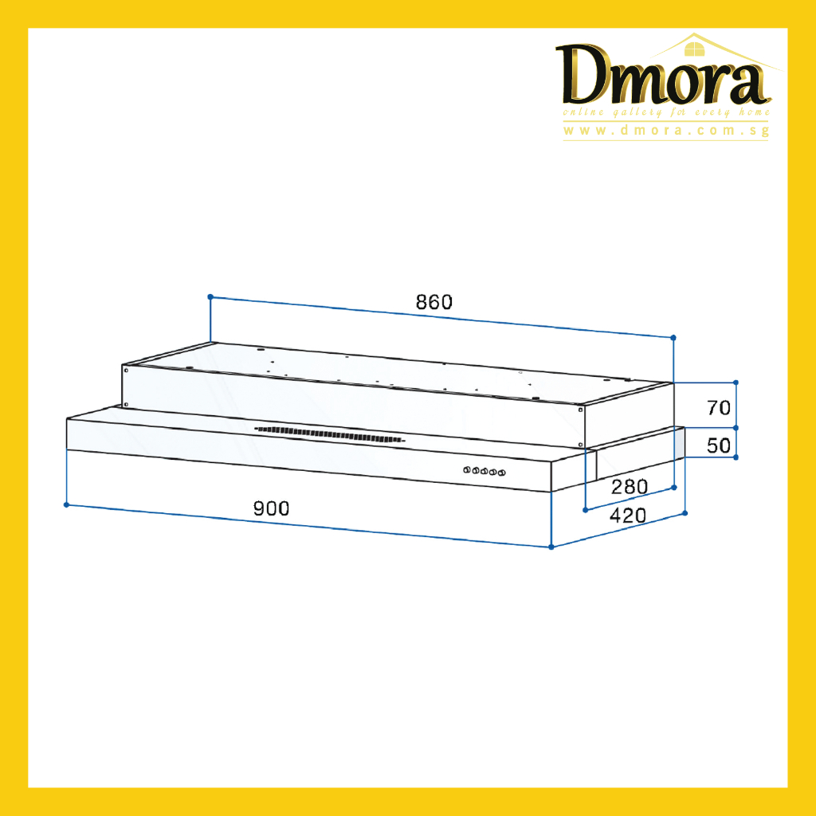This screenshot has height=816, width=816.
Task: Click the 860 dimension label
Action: (434, 302)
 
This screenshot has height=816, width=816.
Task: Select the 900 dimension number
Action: (271, 508)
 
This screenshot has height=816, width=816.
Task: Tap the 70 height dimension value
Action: (719, 407)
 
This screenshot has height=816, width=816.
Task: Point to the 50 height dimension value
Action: (719, 445)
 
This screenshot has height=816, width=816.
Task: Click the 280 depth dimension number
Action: (630, 487)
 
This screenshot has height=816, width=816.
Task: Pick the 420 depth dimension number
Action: (628, 516)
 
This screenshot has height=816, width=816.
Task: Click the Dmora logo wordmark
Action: (664, 76)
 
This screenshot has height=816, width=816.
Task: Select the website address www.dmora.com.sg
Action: (665, 130)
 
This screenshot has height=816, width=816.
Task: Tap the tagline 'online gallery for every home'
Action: (665, 112)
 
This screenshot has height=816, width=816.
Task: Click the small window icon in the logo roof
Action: (694, 49)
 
